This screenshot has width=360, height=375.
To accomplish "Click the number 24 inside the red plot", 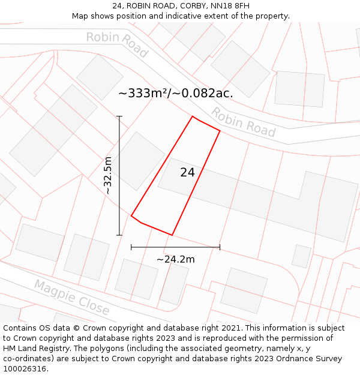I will [x=187, y=173].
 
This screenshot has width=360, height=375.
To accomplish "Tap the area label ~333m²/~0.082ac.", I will [x=175, y=93].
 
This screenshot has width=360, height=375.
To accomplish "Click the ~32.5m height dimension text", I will [x=108, y=175].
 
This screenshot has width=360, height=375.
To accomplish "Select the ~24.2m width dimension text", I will [x=175, y=259].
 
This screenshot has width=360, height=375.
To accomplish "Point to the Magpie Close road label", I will [x=71, y=298].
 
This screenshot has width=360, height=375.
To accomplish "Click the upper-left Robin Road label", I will [x=117, y=44].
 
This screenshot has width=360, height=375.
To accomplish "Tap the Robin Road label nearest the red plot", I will [x=243, y=122].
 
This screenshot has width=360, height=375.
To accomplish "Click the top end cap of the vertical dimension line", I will [x=119, y=116].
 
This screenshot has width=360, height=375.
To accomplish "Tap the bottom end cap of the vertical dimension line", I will [x=119, y=235].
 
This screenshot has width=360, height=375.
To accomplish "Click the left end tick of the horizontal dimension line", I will [x=131, y=247].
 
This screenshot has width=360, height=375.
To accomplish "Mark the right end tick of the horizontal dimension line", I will [x=220, y=247].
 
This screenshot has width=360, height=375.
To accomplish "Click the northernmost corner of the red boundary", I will [x=193, y=116].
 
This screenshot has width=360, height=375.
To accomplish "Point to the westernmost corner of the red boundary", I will [x=131, y=215].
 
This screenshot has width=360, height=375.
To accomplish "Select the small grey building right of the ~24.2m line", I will [x=301, y=256].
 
